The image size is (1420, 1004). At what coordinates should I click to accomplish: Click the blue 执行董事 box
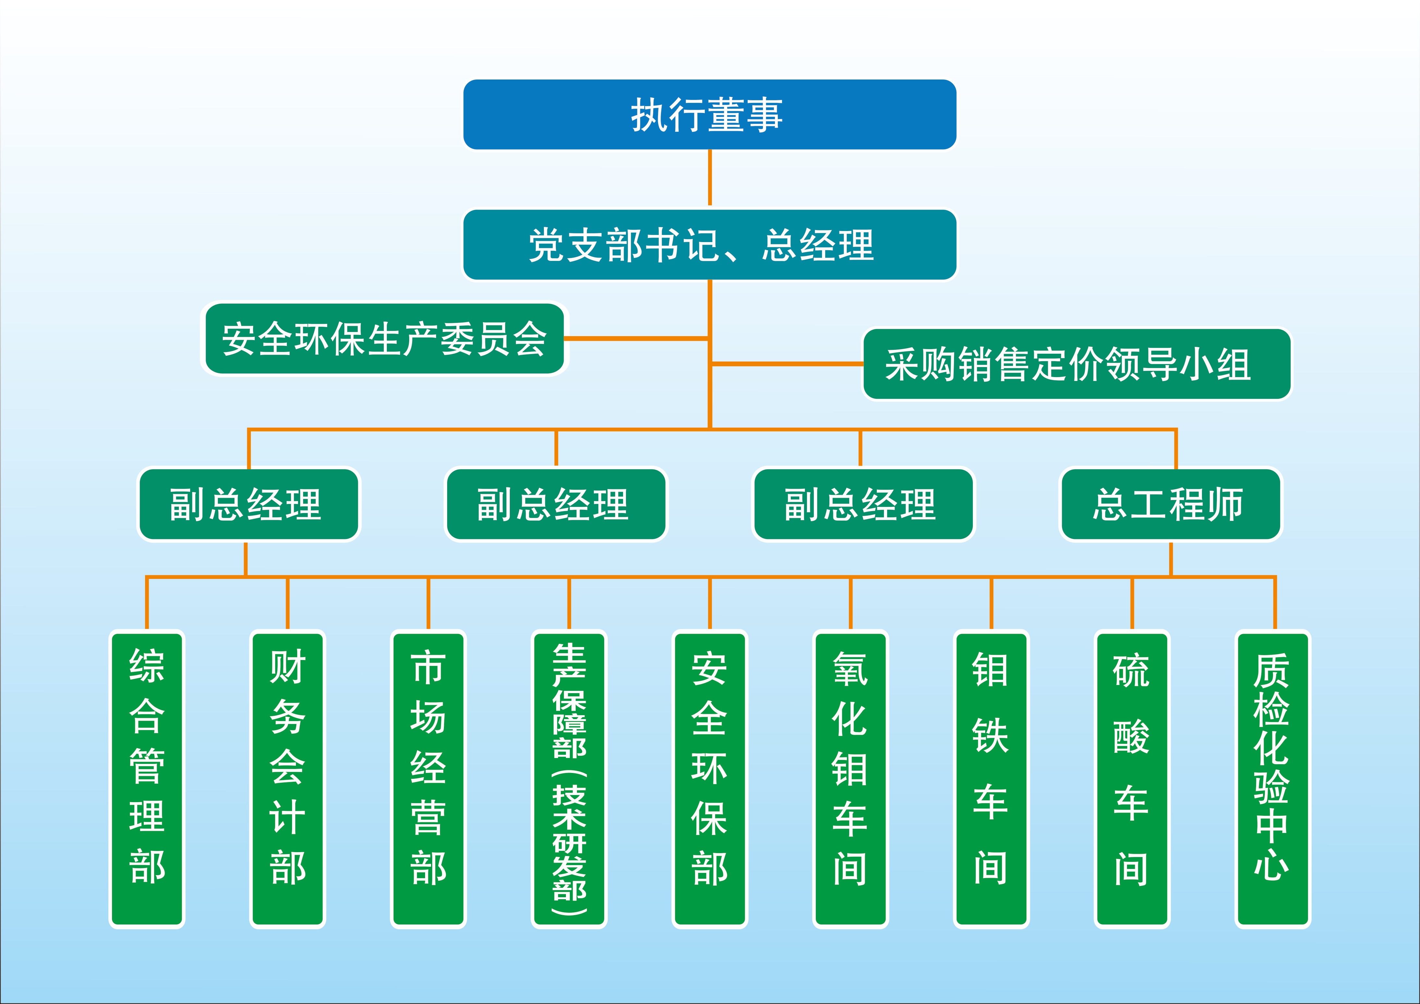coord(709,115)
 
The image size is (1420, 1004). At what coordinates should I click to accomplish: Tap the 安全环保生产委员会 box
coord(384,338)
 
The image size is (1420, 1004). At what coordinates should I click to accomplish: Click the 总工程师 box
coord(1171,504)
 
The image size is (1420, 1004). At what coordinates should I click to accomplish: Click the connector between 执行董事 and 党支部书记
coord(709,178)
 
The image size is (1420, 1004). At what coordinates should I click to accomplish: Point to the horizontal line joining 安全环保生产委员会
coord(637,338)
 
